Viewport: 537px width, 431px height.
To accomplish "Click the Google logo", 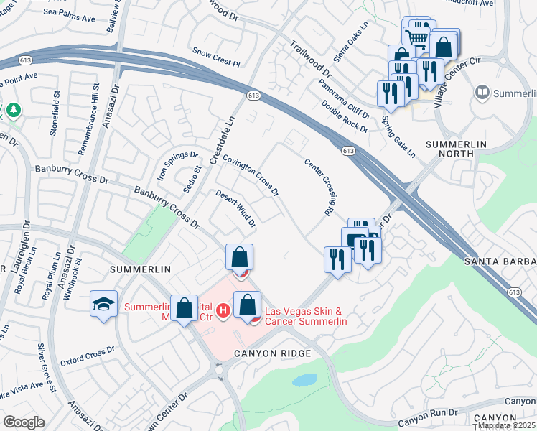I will tap(24, 422).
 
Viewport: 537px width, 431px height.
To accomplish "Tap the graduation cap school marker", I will tap(103, 304).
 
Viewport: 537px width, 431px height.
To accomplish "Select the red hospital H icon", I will tap(223, 310).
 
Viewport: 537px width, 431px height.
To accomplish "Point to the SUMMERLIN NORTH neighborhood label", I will tap(460, 149).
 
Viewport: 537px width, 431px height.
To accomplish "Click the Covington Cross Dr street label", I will tap(250, 175).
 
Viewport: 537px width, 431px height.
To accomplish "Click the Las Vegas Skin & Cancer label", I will tap(307, 316).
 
